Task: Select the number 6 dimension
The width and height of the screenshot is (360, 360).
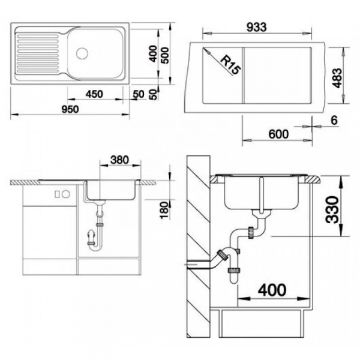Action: (334, 121)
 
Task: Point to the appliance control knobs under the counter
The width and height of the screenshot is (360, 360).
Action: (60, 194)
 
